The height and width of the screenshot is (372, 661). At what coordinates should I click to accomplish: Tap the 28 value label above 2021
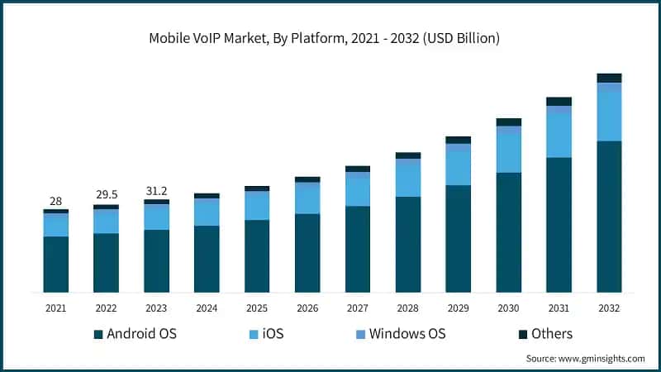(x=55, y=201)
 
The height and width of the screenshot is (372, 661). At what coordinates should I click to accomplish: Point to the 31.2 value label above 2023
(x=156, y=191)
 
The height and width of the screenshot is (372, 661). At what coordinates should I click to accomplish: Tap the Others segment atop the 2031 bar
(x=559, y=102)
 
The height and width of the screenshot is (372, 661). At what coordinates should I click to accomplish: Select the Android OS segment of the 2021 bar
(x=55, y=264)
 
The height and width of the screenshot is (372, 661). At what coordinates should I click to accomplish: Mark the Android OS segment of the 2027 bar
(x=357, y=249)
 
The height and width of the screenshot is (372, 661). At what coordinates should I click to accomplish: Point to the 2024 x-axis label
(x=207, y=308)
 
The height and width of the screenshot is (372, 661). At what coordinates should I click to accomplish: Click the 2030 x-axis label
(x=508, y=308)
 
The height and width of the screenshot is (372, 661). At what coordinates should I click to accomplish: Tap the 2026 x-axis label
(x=307, y=308)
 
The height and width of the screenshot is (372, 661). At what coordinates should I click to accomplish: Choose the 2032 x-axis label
(x=609, y=308)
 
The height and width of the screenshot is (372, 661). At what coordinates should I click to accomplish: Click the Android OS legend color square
(x=99, y=334)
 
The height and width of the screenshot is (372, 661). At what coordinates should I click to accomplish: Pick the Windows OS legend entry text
(x=407, y=334)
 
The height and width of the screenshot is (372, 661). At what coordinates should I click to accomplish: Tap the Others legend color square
(x=523, y=334)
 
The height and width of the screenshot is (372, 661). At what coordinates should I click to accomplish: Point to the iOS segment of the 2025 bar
(x=257, y=206)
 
